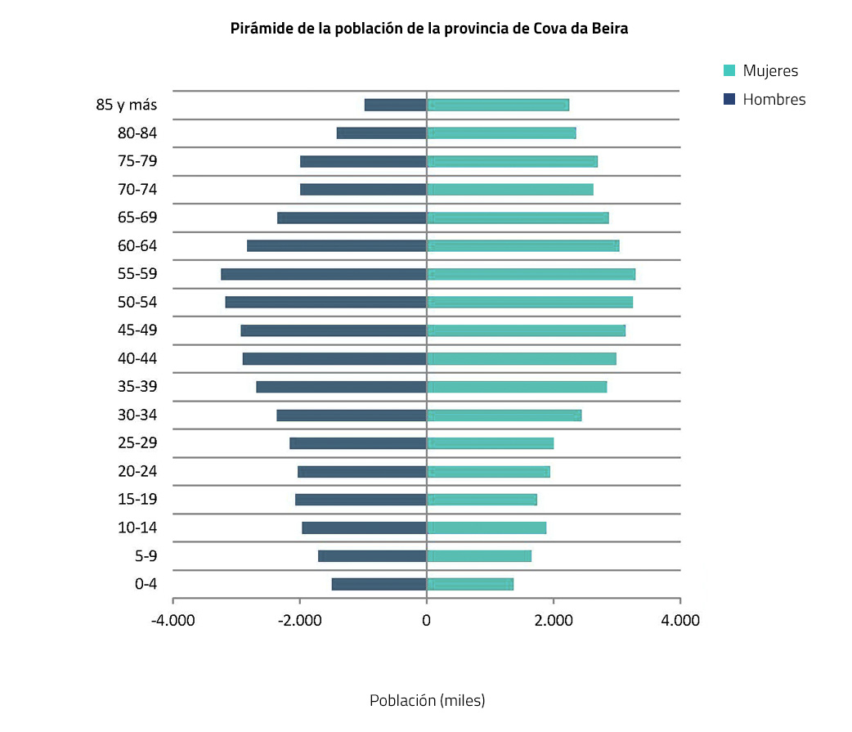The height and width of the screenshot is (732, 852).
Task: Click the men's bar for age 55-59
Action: (324, 274)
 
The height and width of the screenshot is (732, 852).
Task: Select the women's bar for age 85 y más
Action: (497, 105)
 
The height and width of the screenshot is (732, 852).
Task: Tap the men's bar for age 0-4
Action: (379, 584)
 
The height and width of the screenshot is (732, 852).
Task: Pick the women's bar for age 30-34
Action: (504, 415)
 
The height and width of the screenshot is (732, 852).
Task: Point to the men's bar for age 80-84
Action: (381, 133)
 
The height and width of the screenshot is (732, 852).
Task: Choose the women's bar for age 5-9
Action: (478, 556)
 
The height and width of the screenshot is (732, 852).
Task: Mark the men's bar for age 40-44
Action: (334, 358)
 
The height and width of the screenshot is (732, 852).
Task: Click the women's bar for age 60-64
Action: (522, 245)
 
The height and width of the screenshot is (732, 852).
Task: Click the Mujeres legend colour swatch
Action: (729, 71)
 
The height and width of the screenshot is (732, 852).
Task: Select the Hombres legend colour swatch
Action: (729, 99)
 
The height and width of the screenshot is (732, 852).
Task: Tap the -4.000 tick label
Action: (173, 621)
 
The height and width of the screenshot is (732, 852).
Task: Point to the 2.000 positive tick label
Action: (553, 621)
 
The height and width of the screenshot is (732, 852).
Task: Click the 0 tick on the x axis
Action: (426, 621)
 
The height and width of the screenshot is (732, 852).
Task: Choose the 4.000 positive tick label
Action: (679, 621)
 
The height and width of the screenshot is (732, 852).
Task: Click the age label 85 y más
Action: (126, 105)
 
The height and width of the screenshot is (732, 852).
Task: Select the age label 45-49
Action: (137, 330)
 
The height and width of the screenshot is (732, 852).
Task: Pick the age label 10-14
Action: (137, 528)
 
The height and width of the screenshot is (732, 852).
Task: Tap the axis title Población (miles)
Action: (427, 701)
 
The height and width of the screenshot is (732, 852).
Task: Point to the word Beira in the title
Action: (608, 28)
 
